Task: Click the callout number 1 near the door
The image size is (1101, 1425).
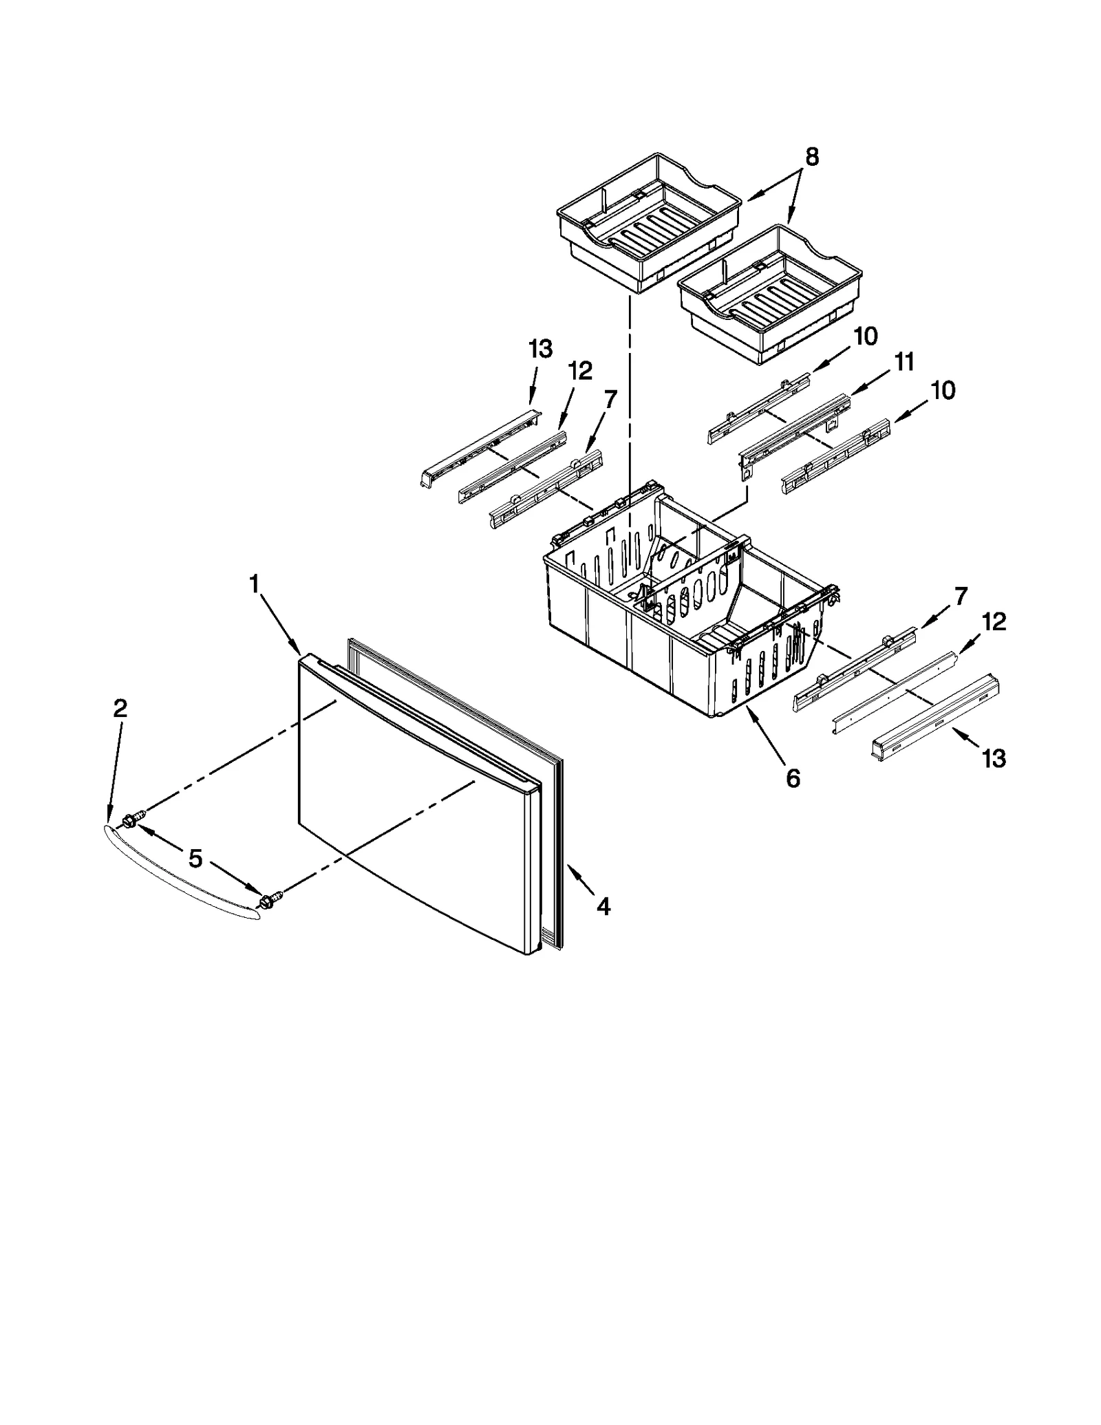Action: [x=254, y=585]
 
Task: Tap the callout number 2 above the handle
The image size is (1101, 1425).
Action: [x=120, y=708]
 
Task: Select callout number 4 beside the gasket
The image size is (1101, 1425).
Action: [x=603, y=907]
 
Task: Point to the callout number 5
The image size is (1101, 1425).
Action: [x=195, y=858]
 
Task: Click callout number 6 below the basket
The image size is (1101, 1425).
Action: [x=793, y=779]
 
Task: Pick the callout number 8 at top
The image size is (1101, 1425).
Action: [x=812, y=158]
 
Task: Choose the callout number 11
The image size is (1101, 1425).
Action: [x=904, y=361]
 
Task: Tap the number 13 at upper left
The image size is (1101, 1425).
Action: [x=540, y=350]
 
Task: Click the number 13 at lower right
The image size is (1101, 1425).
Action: [x=994, y=759]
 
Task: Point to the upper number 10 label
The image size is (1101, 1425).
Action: [x=865, y=336]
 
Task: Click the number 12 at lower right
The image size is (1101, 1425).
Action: [x=994, y=622]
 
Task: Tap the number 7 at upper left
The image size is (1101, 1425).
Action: [x=610, y=398]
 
